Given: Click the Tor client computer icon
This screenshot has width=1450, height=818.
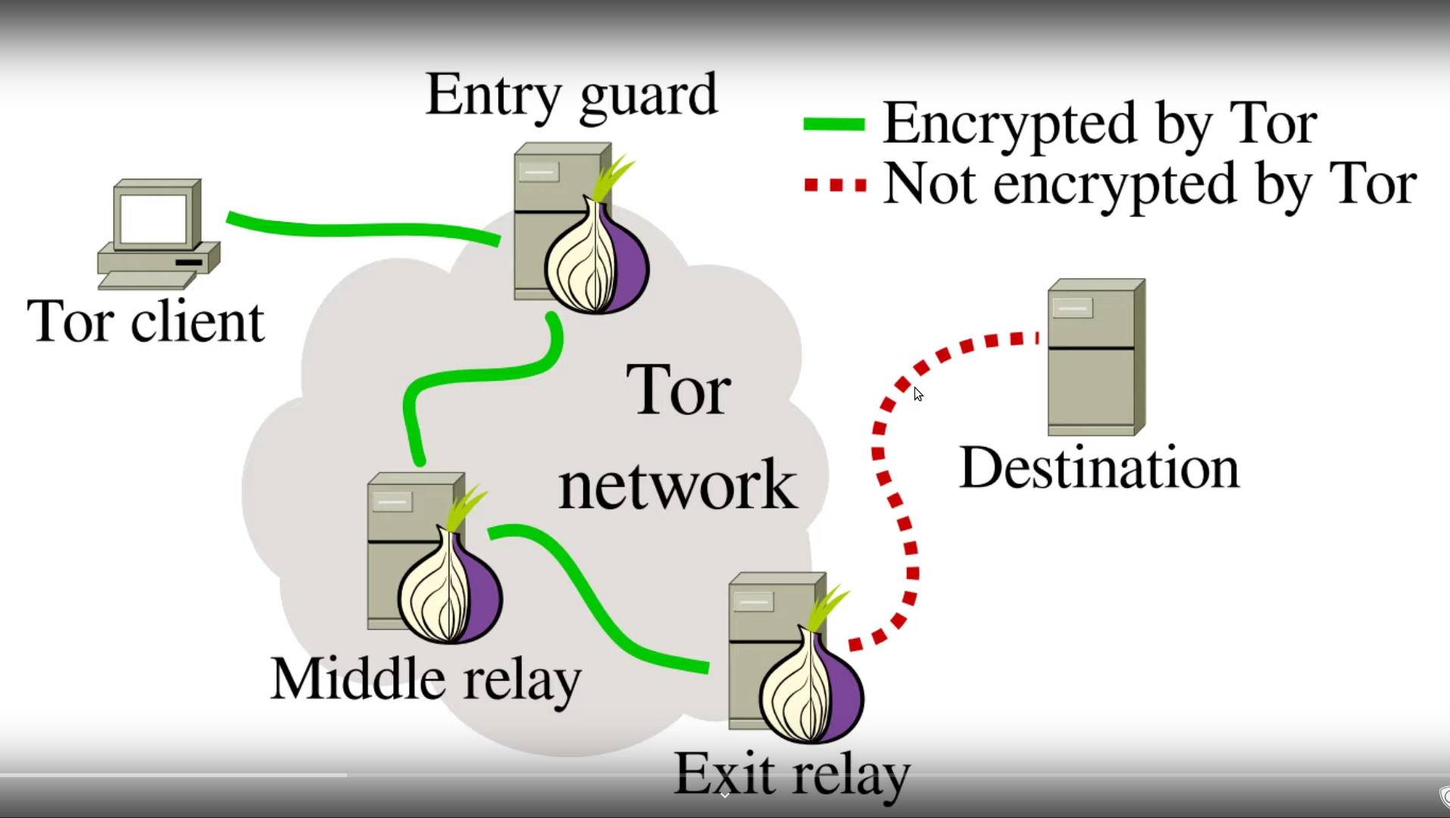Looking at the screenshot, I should [158, 235].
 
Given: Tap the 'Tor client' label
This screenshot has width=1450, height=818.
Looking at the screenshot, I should [145, 321].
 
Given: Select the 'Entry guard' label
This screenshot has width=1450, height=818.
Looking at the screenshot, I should [571, 95].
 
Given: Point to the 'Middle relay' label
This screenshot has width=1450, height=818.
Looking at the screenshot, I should [426, 679].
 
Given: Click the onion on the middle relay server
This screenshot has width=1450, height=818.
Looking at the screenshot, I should [450, 588].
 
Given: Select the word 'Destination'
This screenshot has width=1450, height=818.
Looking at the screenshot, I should [1099, 468].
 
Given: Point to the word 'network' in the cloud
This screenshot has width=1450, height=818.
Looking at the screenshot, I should [677, 485].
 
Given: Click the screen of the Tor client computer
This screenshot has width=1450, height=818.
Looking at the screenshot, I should [154, 218].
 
